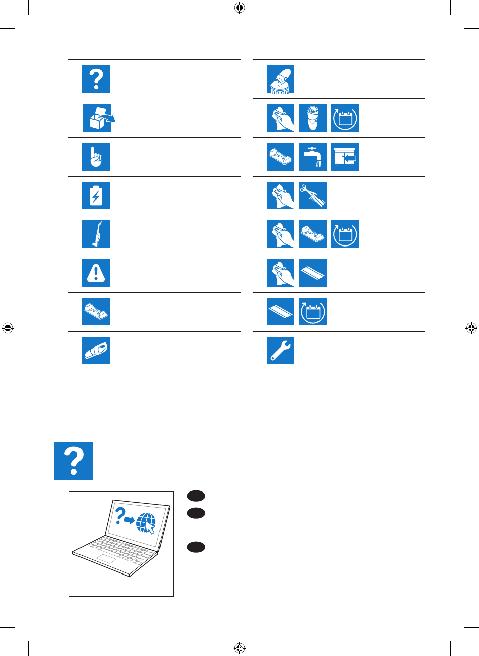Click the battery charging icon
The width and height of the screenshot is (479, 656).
coord(96,196)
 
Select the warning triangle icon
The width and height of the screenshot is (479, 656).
coord(96,273)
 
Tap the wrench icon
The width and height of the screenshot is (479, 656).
coord(281,351)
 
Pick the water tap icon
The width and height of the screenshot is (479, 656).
coord(312,157)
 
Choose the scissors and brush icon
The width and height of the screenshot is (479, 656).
coord(312,196)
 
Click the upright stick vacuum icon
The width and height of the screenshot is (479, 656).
coord(96,234)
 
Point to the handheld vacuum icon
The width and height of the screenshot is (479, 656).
coord(96,351)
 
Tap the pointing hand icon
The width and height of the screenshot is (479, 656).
coord(96,157)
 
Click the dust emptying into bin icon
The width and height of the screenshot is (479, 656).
coord(281,79)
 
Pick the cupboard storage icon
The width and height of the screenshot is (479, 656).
coord(345,157)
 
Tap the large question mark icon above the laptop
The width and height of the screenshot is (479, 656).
coord(74,461)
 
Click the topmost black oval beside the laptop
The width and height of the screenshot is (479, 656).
coord(196,496)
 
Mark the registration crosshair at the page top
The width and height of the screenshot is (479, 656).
coord(239,8)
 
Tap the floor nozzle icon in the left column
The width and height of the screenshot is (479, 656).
coord(96,312)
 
